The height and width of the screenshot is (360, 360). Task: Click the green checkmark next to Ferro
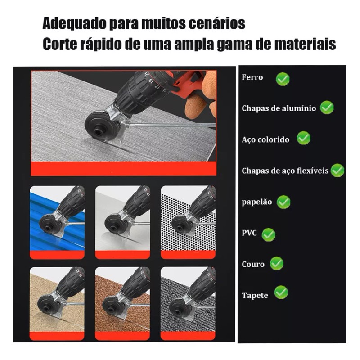[283, 79]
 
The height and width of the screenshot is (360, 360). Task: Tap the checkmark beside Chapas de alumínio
[327, 108]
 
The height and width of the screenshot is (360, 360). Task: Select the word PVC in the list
[249, 233]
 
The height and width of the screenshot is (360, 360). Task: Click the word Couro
[253, 264]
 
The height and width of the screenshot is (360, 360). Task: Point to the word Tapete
[255, 295]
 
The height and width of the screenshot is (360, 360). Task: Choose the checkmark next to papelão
[283, 202]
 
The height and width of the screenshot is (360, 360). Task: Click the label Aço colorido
[265, 139]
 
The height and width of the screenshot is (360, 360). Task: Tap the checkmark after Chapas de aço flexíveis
[337, 170]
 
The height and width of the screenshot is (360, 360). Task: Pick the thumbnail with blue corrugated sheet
[57, 221]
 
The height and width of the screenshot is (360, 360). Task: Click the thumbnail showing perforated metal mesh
[188, 221]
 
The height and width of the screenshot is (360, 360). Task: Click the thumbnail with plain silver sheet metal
[122, 221]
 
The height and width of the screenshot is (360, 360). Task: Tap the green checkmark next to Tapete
[281, 292]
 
